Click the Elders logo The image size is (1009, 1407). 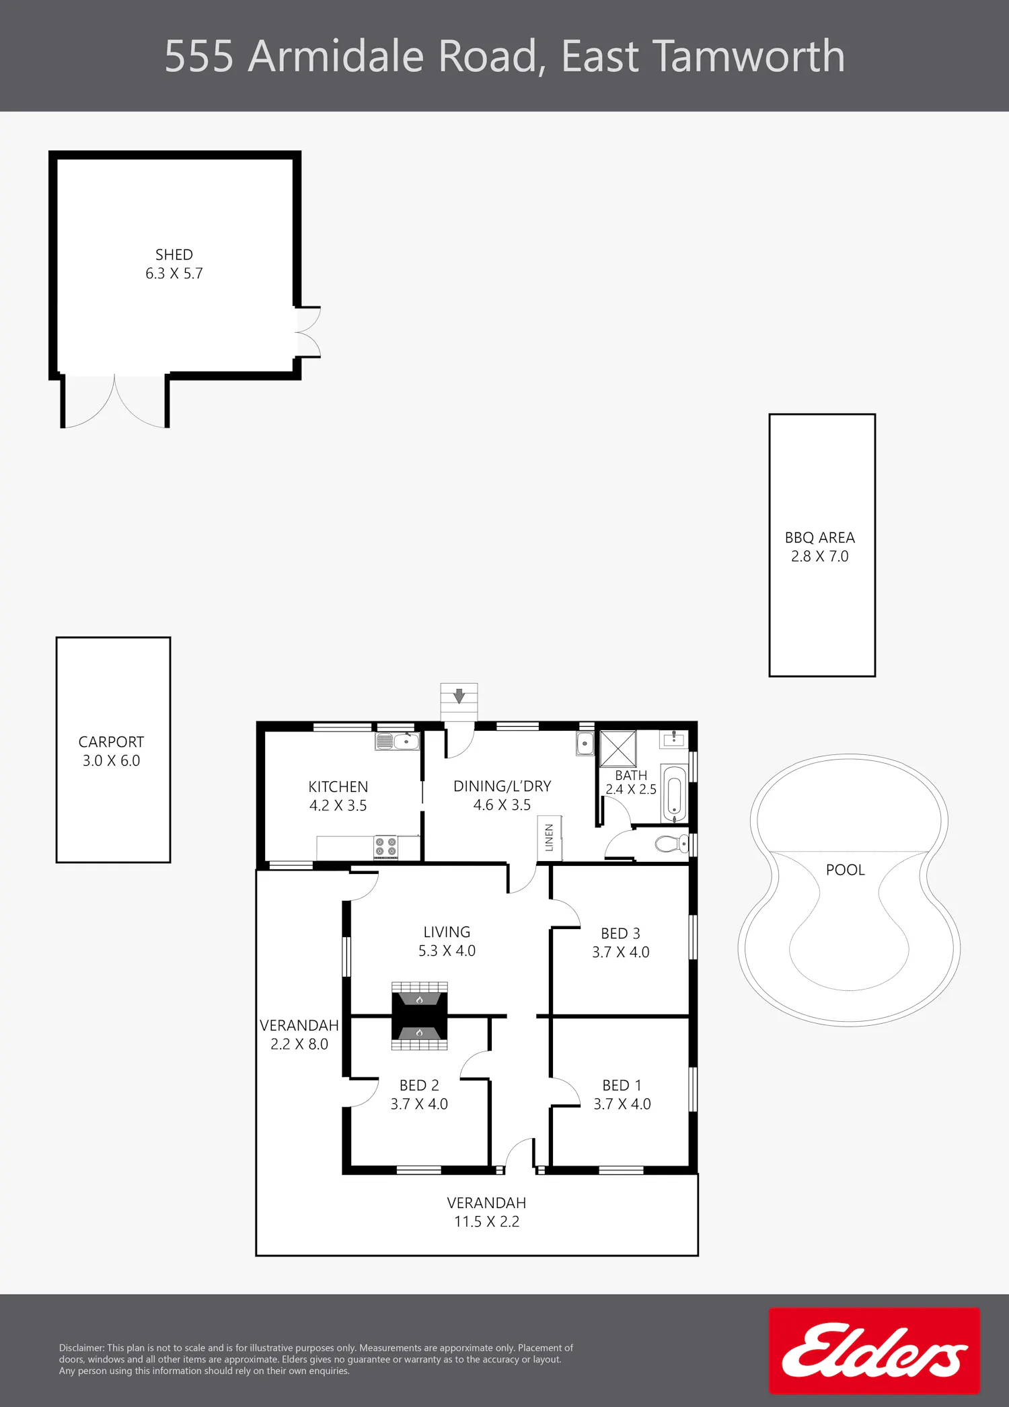[x=874, y=1351]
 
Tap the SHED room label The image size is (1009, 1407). [x=174, y=255]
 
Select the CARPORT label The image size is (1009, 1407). [x=111, y=742]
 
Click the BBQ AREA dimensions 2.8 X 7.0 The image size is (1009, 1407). [x=820, y=557]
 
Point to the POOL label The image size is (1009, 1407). [x=846, y=870]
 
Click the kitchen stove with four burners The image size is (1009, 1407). [x=386, y=847]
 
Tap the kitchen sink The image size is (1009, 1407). [x=398, y=741]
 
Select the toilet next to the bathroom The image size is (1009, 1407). [x=672, y=843]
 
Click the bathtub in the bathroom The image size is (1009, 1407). [x=674, y=793]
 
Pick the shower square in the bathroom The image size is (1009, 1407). [x=618, y=748]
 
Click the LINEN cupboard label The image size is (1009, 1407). [x=550, y=838]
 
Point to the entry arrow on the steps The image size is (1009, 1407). [x=459, y=696]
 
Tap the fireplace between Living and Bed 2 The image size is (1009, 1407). [x=420, y=1016]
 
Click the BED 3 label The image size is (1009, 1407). [x=620, y=934]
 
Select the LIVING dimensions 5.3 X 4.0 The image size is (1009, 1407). [x=447, y=951]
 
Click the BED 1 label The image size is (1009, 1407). [x=622, y=1086]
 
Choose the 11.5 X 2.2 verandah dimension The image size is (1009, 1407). [x=486, y=1222]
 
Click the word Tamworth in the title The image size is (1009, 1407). [x=750, y=56]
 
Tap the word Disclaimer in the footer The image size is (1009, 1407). [x=81, y=1348]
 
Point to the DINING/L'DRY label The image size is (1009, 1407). [x=502, y=787]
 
